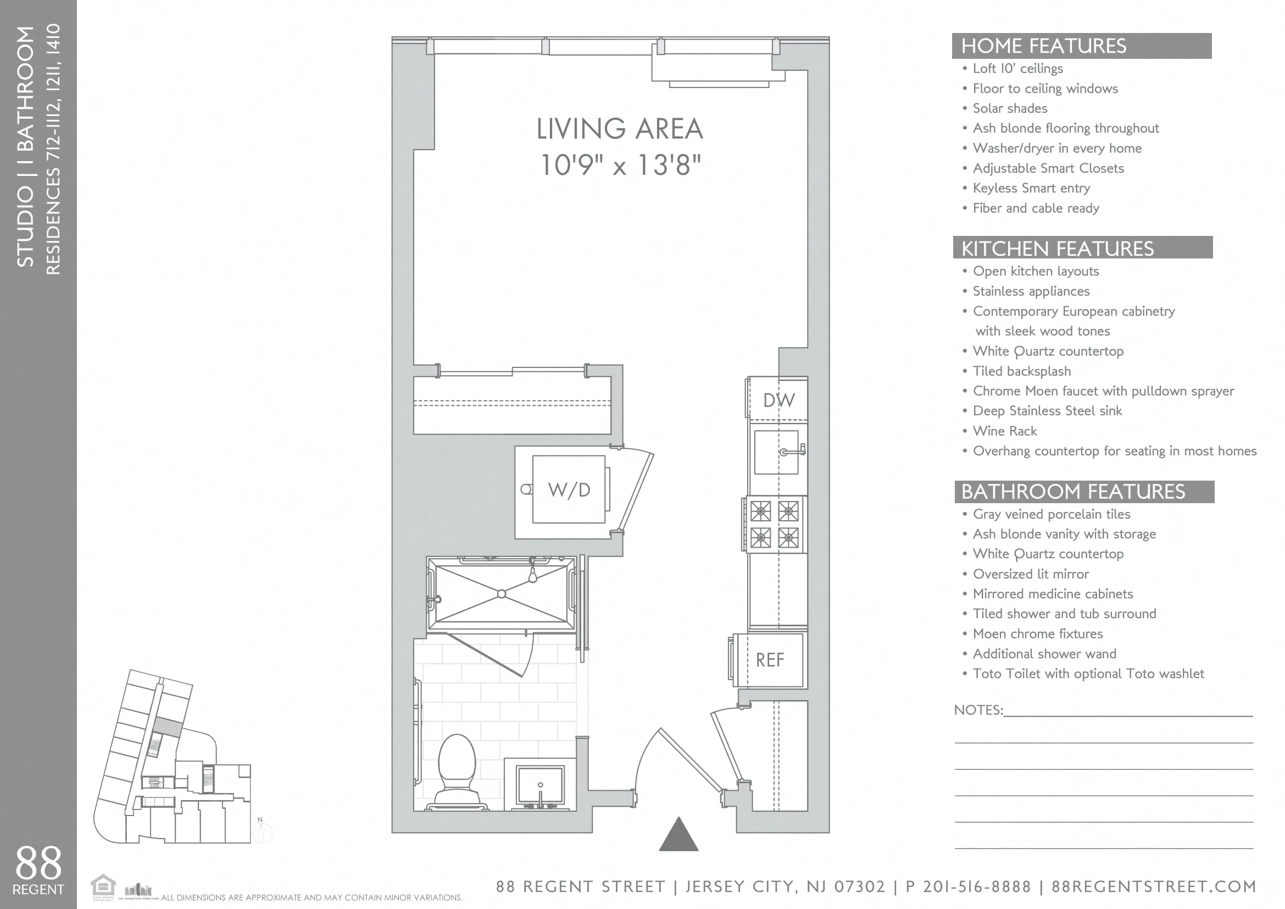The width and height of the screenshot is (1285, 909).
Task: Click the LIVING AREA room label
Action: [x=620, y=129]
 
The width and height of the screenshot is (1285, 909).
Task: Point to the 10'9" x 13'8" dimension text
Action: [x=620, y=165]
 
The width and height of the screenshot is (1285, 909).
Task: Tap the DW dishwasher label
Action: [x=778, y=400]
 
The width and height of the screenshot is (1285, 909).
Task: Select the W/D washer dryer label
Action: [x=569, y=489]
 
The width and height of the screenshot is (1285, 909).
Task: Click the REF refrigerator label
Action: [x=770, y=660]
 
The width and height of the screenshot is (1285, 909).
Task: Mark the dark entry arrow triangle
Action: [x=678, y=835]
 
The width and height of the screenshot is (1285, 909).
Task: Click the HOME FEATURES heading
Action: [x=1043, y=46]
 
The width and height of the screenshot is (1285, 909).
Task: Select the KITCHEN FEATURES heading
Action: [x=1057, y=248]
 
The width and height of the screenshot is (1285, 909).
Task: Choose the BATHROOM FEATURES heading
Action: [x=1073, y=491]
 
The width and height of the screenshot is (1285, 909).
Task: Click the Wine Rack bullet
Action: [x=1004, y=431]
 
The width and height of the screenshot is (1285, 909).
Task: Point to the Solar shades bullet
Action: [x=1009, y=108]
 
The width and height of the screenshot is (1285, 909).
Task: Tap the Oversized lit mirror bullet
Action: [x=1030, y=574]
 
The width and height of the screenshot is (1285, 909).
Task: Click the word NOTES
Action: [x=978, y=709]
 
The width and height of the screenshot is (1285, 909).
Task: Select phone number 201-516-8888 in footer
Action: [x=976, y=886]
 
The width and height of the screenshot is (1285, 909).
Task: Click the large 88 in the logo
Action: [x=38, y=863]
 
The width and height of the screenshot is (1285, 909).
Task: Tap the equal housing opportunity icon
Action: [x=103, y=886]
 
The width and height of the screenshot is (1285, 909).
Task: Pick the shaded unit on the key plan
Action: [x=168, y=727]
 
